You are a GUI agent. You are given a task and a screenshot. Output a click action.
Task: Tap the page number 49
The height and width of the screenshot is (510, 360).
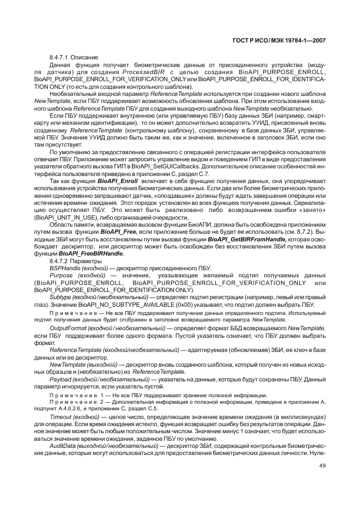pos(322,465)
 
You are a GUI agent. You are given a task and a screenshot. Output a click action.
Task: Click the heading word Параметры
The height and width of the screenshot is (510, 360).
pos(82,262)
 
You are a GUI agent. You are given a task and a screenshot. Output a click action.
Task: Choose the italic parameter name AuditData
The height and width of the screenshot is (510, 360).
pos(63,446)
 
